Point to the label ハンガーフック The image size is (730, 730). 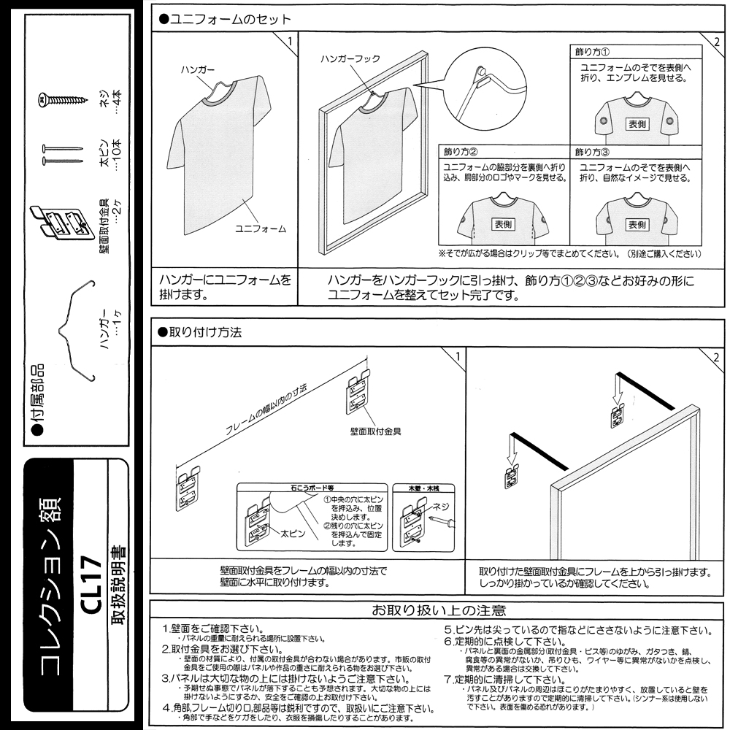tap(350, 59)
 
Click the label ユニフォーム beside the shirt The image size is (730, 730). tap(260, 228)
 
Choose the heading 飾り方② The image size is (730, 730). tap(461, 153)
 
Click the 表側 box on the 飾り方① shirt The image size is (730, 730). tap(637, 124)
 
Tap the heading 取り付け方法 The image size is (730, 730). tap(200, 331)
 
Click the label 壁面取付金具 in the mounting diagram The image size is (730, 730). tap(376, 431)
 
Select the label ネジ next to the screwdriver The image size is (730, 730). tap(441, 505)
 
